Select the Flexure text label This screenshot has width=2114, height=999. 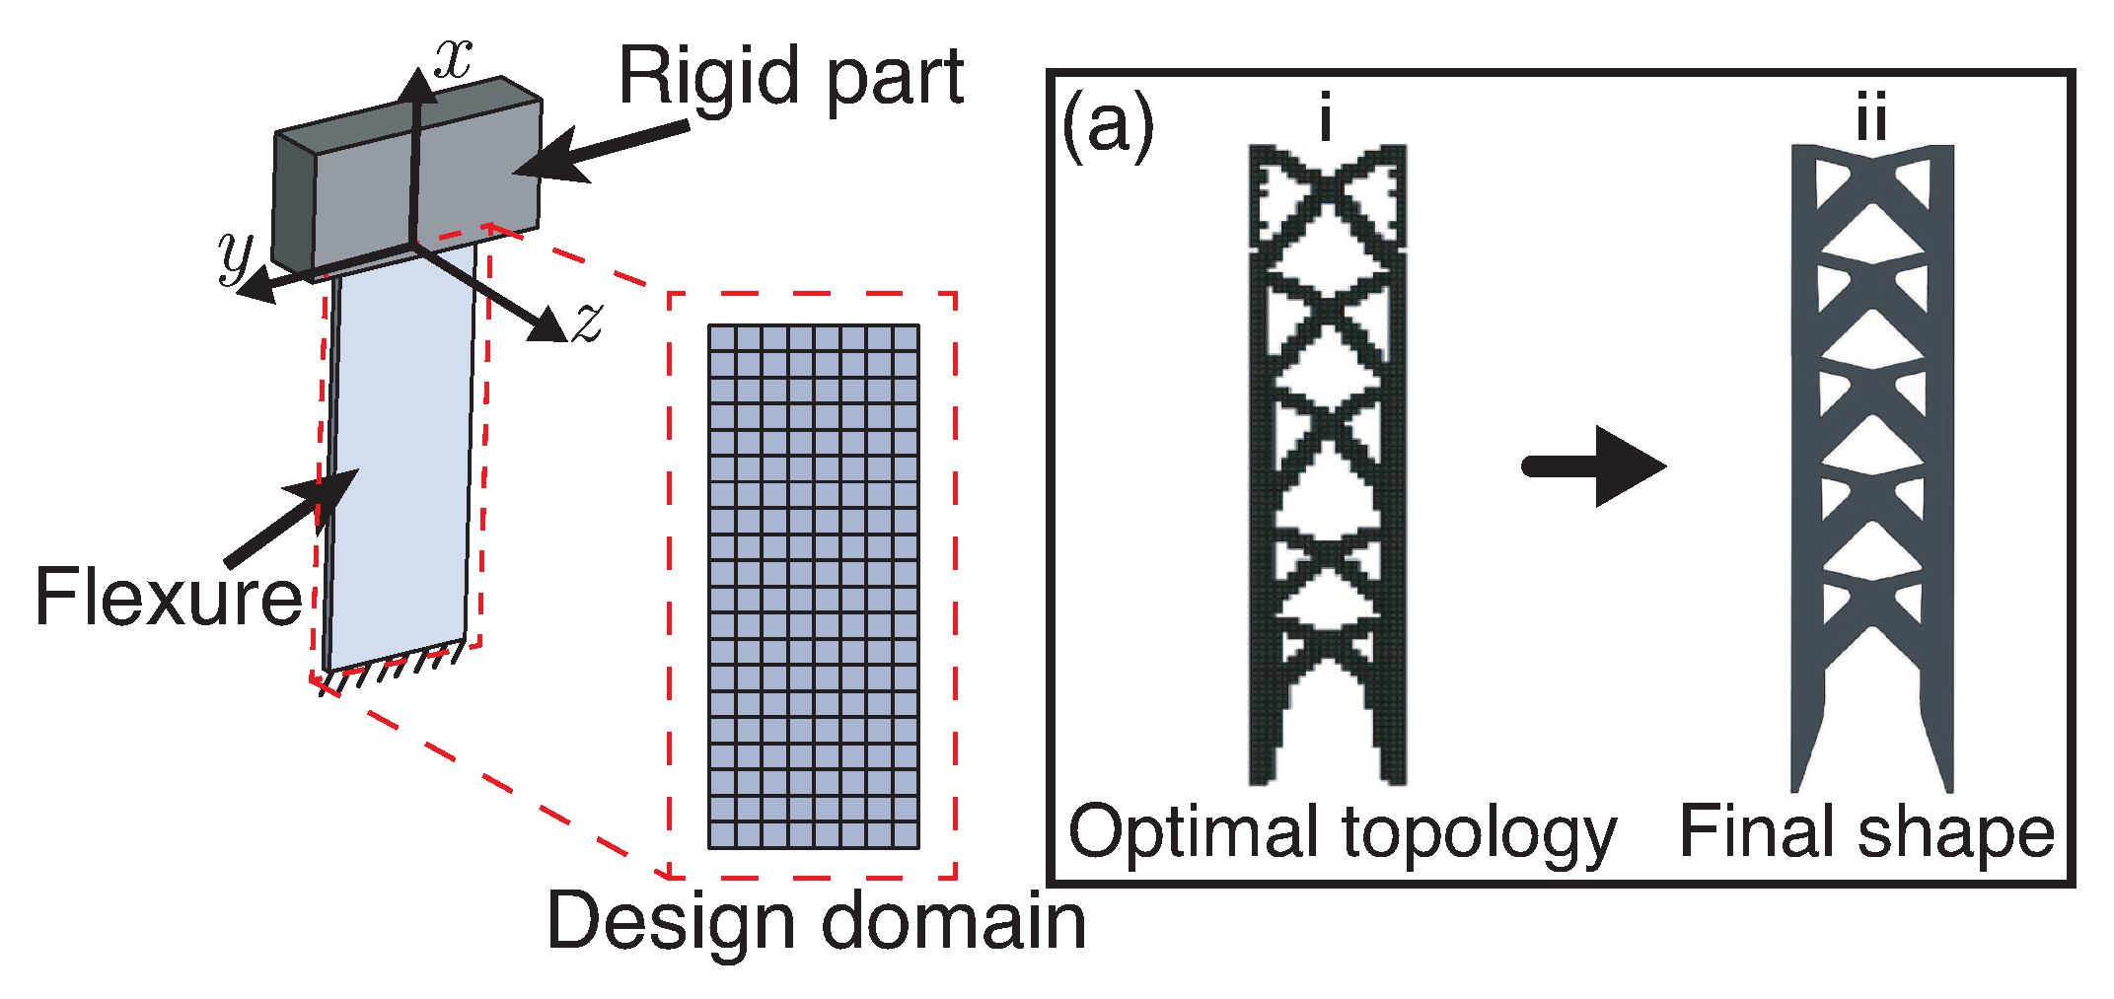point(168,597)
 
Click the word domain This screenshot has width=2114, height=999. point(954,920)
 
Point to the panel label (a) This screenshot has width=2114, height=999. point(1106,126)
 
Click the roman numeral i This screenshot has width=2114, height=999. point(1326,117)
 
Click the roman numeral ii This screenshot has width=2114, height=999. point(1871,117)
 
